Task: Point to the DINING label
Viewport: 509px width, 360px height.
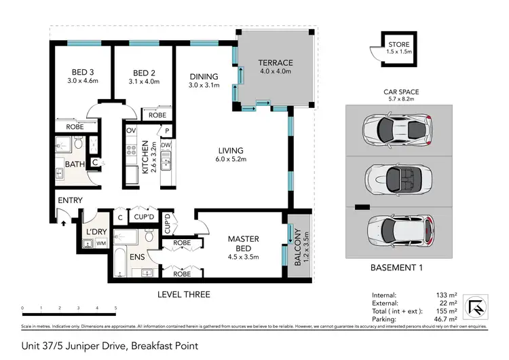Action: click(x=204, y=76)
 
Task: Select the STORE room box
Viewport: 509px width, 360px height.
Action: click(x=394, y=48)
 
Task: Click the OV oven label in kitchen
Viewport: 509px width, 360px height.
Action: click(x=132, y=130)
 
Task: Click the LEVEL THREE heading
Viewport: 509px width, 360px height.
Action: click(x=184, y=294)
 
